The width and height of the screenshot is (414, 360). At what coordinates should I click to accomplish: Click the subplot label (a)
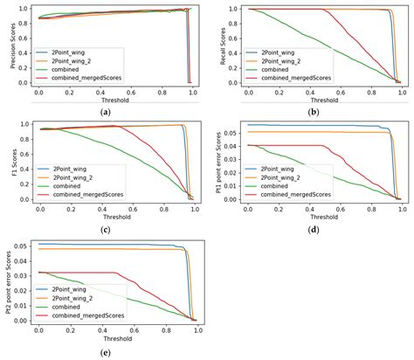pyautogui.click(x=105, y=112)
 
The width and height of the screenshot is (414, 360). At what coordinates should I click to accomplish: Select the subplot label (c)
pyautogui.click(x=105, y=232)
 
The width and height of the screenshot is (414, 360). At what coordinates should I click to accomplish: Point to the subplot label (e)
pyautogui.click(x=105, y=351)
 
